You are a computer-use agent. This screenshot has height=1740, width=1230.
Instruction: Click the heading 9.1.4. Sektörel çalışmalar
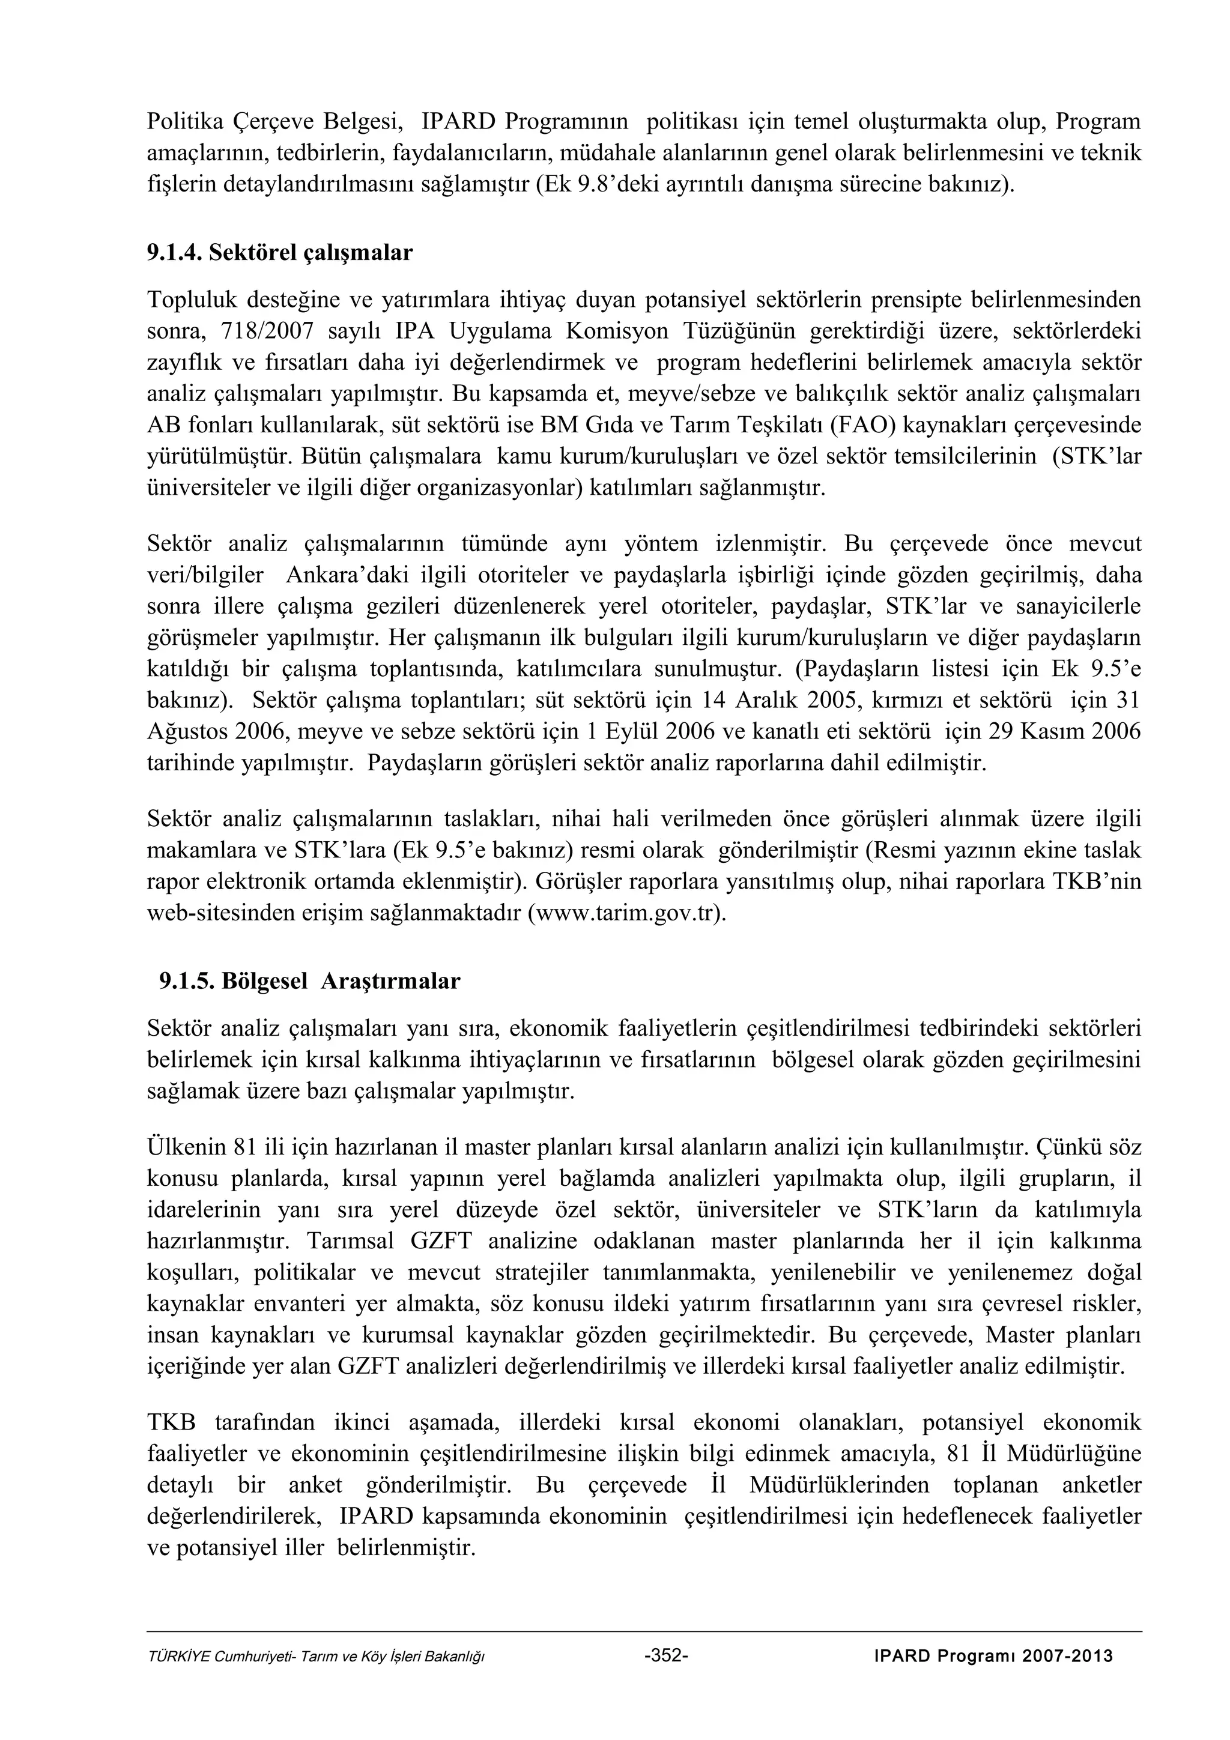280,252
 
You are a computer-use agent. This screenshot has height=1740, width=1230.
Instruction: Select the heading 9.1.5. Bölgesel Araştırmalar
309,982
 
